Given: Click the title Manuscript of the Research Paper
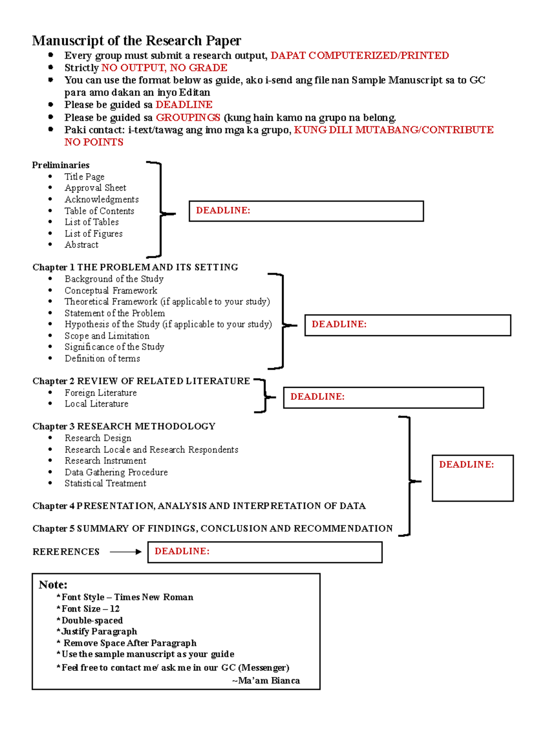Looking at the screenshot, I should pyautogui.click(x=136, y=41).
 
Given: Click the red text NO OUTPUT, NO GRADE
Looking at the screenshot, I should pyautogui.click(x=164, y=68).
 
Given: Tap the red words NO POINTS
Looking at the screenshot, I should pyautogui.click(x=93, y=142).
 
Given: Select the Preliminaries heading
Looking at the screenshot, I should pyautogui.click(x=61, y=165).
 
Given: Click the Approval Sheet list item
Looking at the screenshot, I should pyautogui.click(x=95, y=188).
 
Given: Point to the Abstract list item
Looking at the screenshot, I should pyautogui.click(x=81, y=244).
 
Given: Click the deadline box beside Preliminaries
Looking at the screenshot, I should pyautogui.click(x=306, y=211).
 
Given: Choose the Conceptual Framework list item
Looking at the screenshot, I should pyautogui.click(x=111, y=290).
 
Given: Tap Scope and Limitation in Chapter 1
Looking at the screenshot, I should pyautogui.click(x=107, y=336).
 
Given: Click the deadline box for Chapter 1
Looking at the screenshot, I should pyautogui.click(x=407, y=325).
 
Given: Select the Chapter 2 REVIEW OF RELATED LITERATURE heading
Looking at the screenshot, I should pyautogui.click(x=141, y=381).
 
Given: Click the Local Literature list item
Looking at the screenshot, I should pyautogui.click(x=96, y=404).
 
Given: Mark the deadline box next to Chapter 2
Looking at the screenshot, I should pyautogui.click(x=383, y=397).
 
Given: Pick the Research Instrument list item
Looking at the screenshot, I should pyautogui.click(x=105, y=461).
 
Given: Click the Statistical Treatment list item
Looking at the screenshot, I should pyautogui.click(x=105, y=484).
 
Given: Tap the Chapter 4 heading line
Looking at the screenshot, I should pyautogui.click(x=199, y=506).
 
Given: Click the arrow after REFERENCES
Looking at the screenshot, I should pyautogui.click(x=125, y=552).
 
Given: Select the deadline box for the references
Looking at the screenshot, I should pyautogui.click(x=265, y=552).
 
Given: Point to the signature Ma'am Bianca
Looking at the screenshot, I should pyautogui.click(x=266, y=680).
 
